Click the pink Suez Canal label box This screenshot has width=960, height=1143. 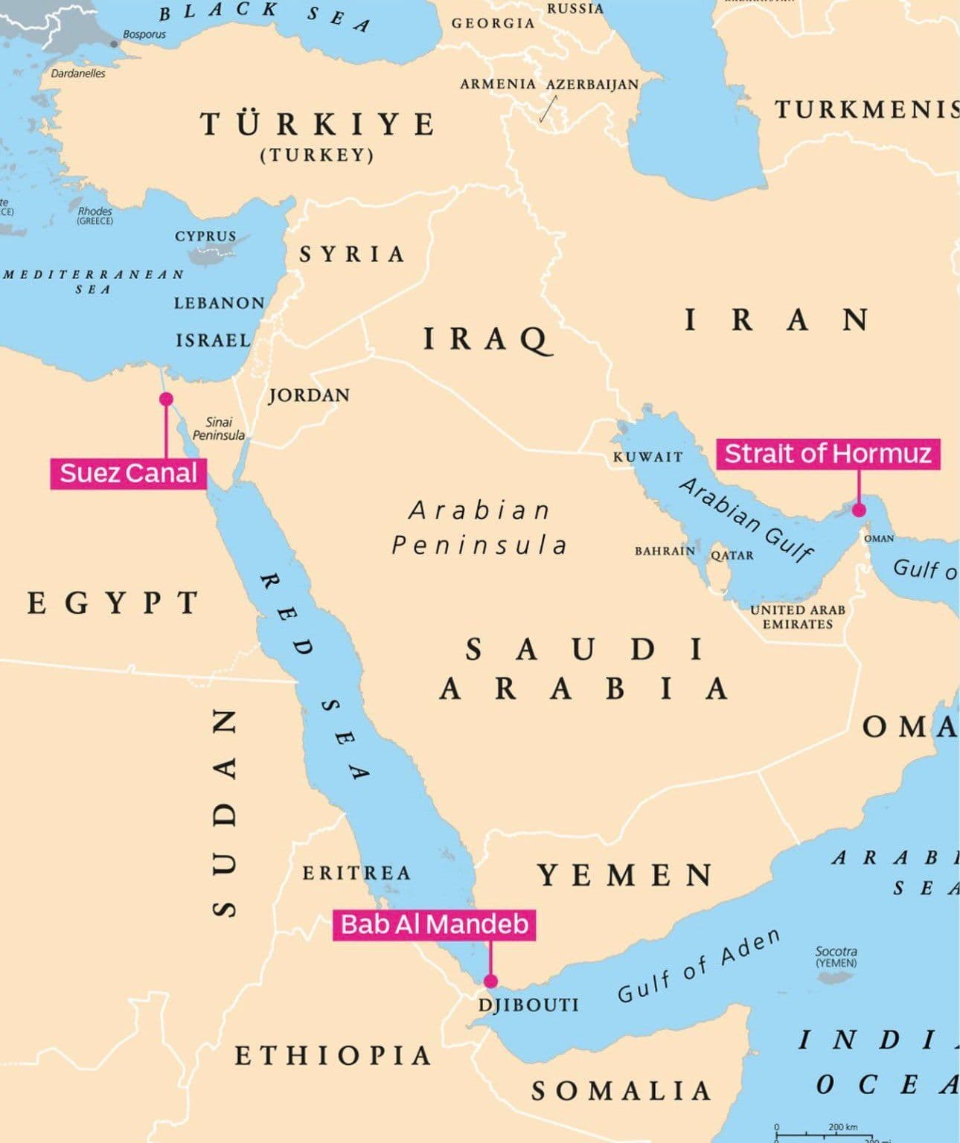point(128,473)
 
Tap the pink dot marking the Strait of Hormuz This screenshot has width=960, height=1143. point(859,510)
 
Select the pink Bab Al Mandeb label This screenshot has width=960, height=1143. point(435,924)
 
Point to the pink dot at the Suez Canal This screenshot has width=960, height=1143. point(166,399)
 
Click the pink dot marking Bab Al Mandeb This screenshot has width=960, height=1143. point(490,981)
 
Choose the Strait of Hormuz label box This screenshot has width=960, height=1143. point(828,453)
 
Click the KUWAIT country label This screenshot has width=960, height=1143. point(647,457)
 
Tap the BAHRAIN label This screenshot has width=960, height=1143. point(665,551)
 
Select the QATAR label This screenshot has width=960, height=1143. point(732,555)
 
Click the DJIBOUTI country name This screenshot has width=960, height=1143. point(528,1005)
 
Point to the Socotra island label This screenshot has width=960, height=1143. point(836,956)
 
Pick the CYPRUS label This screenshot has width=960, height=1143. point(205,236)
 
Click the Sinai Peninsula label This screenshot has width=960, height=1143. point(218,429)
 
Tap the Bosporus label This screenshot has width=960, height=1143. point(144,34)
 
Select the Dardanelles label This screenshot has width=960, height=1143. point(78,73)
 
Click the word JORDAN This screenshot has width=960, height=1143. point(309,395)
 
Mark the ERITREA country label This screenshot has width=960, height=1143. point(356,873)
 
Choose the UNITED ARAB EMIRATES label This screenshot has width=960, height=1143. point(798,617)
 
